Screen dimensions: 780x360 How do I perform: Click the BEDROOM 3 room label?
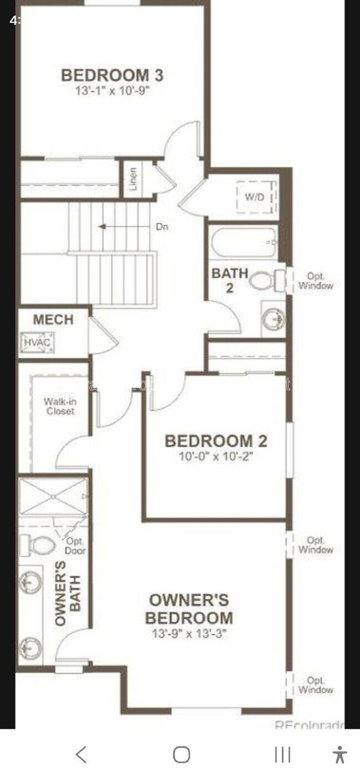[x=112, y=75]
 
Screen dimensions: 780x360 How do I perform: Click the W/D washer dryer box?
[x=255, y=197]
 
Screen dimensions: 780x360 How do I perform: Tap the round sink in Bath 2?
[x=273, y=319]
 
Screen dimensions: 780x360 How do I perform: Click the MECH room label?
[x=53, y=319]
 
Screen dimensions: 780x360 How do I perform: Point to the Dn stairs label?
[x=161, y=226]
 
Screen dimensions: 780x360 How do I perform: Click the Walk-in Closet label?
[x=60, y=407]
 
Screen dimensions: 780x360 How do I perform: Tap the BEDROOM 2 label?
[x=216, y=441]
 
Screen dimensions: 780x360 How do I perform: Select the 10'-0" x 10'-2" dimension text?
[x=216, y=456]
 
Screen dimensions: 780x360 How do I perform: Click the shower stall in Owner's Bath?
[x=53, y=497]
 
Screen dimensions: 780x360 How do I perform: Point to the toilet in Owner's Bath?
[x=38, y=546]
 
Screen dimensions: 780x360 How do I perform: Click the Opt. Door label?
[x=75, y=546]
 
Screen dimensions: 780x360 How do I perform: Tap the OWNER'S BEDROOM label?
[x=189, y=608]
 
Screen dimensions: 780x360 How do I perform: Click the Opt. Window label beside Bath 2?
[x=316, y=281]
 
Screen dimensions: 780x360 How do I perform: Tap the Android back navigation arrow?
[x=81, y=755]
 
